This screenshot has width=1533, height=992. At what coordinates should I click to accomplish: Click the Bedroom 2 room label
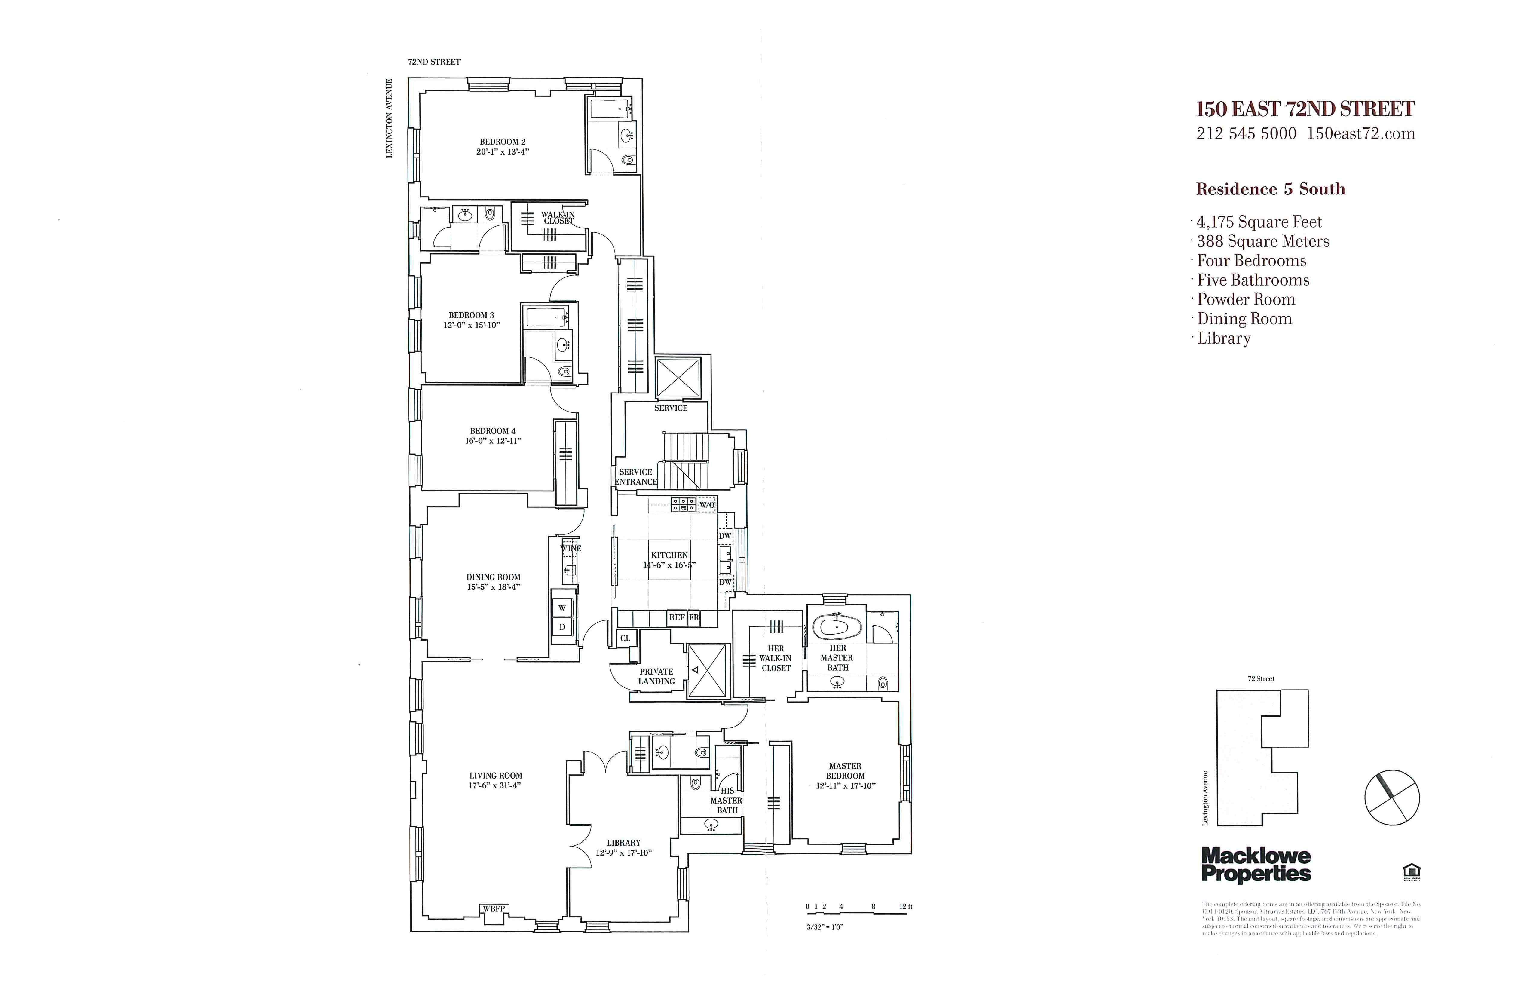click(x=502, y=142)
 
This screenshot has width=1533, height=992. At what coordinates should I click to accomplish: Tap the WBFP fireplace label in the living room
click(x=494, y=909)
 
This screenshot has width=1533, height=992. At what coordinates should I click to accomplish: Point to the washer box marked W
click(x=562, y=608)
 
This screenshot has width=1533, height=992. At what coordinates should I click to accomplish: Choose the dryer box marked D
click(x=562, y=627)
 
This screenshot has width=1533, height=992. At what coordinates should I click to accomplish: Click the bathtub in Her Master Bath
click(x=836, y=627)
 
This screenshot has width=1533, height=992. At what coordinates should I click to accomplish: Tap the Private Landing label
click(x=656, y=676)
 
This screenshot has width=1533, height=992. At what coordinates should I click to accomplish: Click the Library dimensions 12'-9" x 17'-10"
click(x=623, y=853)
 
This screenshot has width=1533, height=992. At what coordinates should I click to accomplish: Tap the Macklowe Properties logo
click(x=1256, y=865)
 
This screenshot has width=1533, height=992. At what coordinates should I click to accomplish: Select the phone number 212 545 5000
click(x=1246, y=134)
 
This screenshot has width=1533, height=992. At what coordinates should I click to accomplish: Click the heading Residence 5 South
click(x=1270, y=189)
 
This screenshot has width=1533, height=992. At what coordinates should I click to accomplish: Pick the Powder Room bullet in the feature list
click(x=1246, y=299)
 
